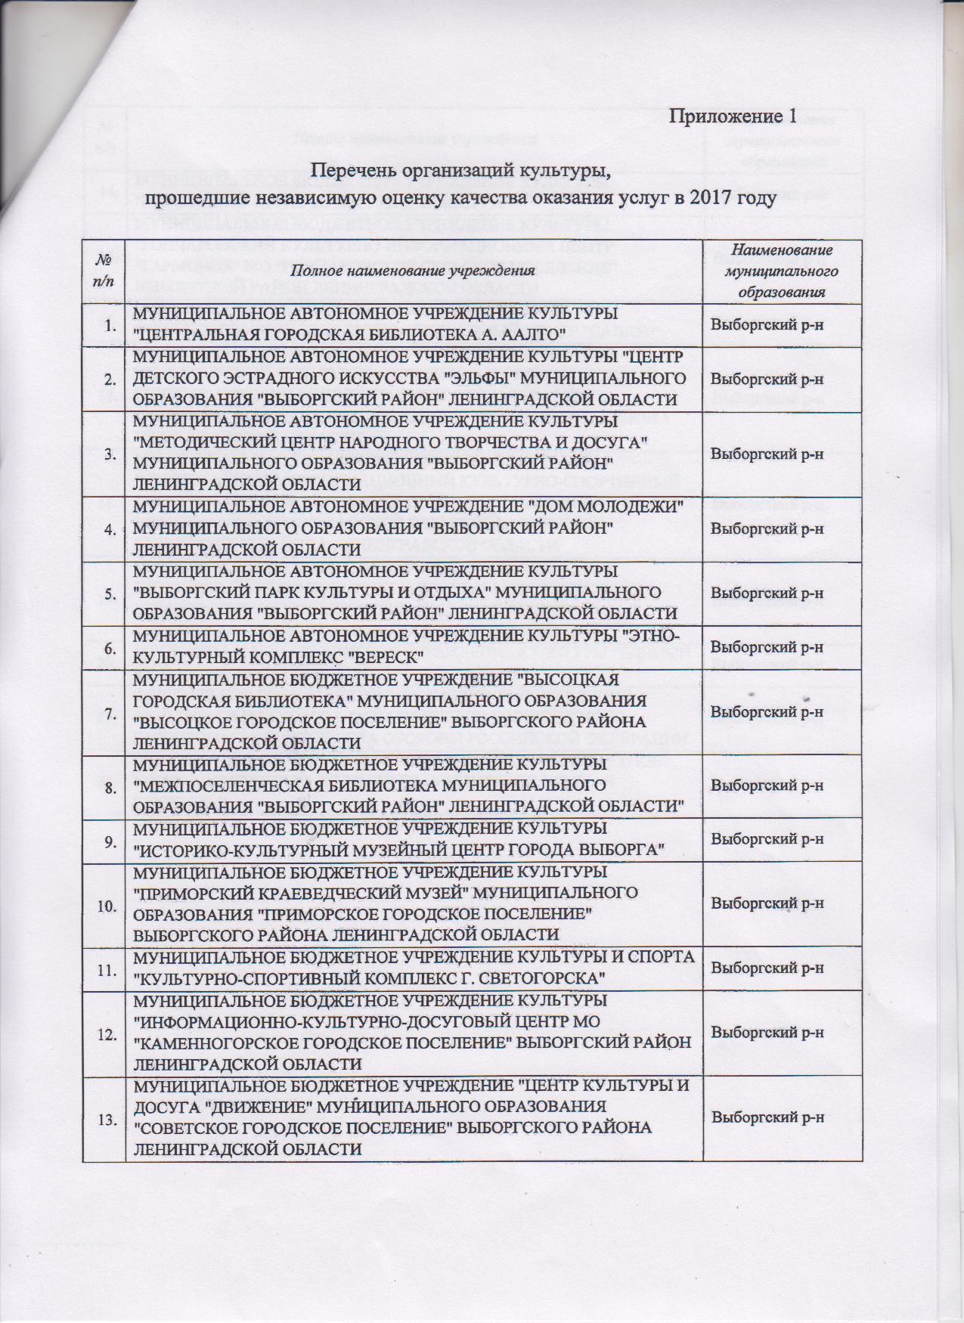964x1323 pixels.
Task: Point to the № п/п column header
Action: tap(104, 270)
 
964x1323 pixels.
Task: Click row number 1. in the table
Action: tap(110, 325)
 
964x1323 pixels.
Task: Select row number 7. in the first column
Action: tap(110, 712)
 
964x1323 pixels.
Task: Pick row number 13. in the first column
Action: tap(108, 1120)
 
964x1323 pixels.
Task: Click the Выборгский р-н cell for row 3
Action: tap(767, 454)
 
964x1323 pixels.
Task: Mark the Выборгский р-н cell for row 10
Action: tap(767, 903)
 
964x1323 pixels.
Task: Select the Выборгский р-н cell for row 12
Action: tap(767, 1033)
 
